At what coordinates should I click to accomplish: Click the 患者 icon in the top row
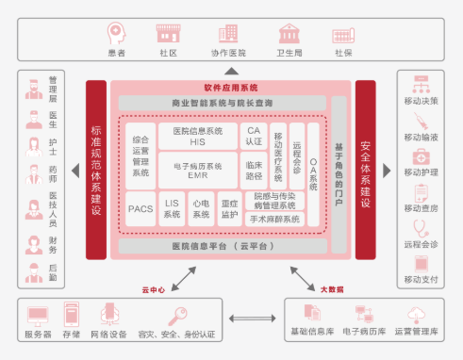point(116,34)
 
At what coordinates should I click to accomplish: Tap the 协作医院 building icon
point(227,34)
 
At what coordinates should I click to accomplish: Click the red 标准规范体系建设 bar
point(96,169)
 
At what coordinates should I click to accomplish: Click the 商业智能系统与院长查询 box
point(223,101)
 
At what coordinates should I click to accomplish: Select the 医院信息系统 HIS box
point(197,136)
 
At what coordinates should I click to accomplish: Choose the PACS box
point(141,208)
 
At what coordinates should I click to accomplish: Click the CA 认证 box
point(252,136)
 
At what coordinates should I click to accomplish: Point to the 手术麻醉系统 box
point(273,220)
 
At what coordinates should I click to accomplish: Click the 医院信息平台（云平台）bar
point(223,246)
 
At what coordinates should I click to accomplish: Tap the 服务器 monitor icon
point(39,315)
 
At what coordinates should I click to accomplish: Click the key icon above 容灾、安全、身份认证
point(175,315)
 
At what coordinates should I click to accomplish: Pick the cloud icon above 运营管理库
point(415,314)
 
